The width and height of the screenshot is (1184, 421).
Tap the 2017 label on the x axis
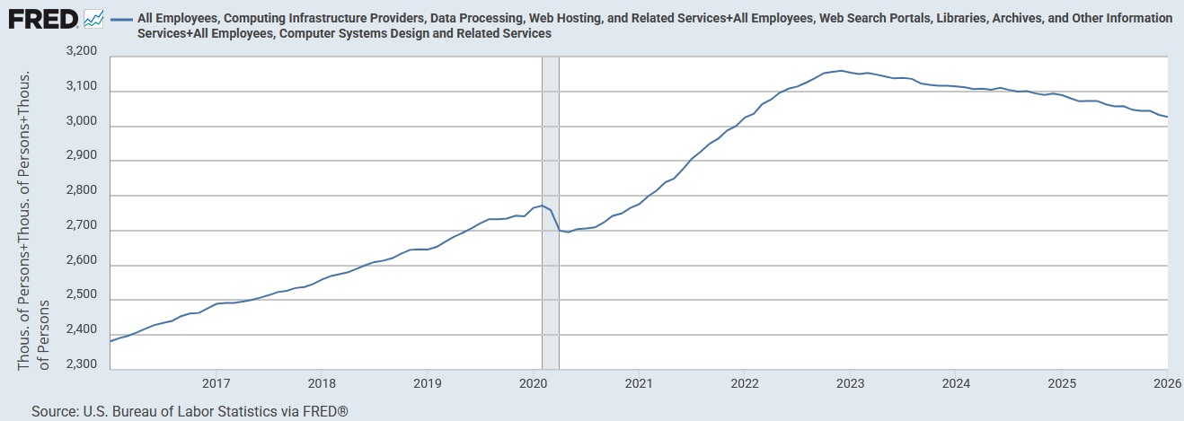(x=216, y=384)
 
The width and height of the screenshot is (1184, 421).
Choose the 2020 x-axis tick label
(x=534, y=384)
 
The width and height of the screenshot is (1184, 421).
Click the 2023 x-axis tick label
(x=851, y=384)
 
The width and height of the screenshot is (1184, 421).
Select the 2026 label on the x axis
(x=1166, y=384)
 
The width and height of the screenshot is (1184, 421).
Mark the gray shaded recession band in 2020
(x=551, y=212)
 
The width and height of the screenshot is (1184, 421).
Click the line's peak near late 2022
(x=840, y=71)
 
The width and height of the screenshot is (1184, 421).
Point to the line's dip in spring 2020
(x=568, y=232)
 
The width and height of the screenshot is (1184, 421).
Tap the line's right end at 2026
(x=1167, y=117)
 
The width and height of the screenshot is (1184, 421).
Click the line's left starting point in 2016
(x=110, y=341)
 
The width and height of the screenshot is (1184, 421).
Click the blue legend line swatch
(x=121, y=18)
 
